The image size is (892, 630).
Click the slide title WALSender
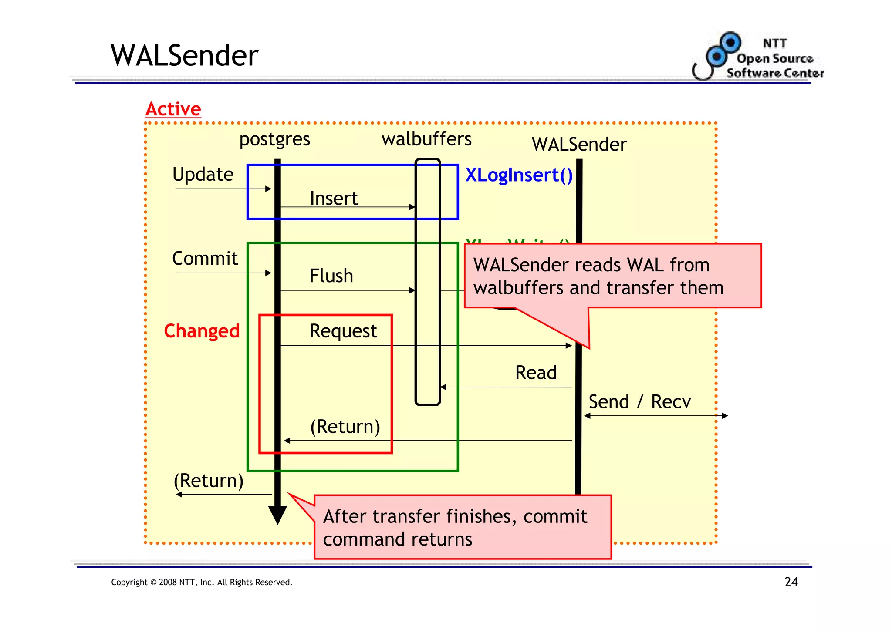tap(184, 56)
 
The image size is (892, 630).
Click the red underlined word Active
tap(173, 109)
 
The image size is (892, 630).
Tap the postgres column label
tap(274, 139)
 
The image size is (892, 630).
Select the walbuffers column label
tap(426, 139)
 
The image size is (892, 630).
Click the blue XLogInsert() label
tap(519, 175)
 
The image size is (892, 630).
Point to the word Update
tap(203, 175)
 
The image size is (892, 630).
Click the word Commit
tap(205, 259)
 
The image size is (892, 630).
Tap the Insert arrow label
tap(334, 199)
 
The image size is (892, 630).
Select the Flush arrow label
tap(331, 276)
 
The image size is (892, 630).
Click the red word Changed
tap(202, 331)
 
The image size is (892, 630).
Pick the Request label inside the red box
tap(343, 331)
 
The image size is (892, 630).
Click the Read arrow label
tap(536, 373)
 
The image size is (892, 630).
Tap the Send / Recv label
tap(639, 402)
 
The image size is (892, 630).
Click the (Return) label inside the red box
tap(345, 427)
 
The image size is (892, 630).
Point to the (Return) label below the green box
tap(208, 481)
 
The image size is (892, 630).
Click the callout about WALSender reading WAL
tap(612, 276)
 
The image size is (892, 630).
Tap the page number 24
tap(791, 582)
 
